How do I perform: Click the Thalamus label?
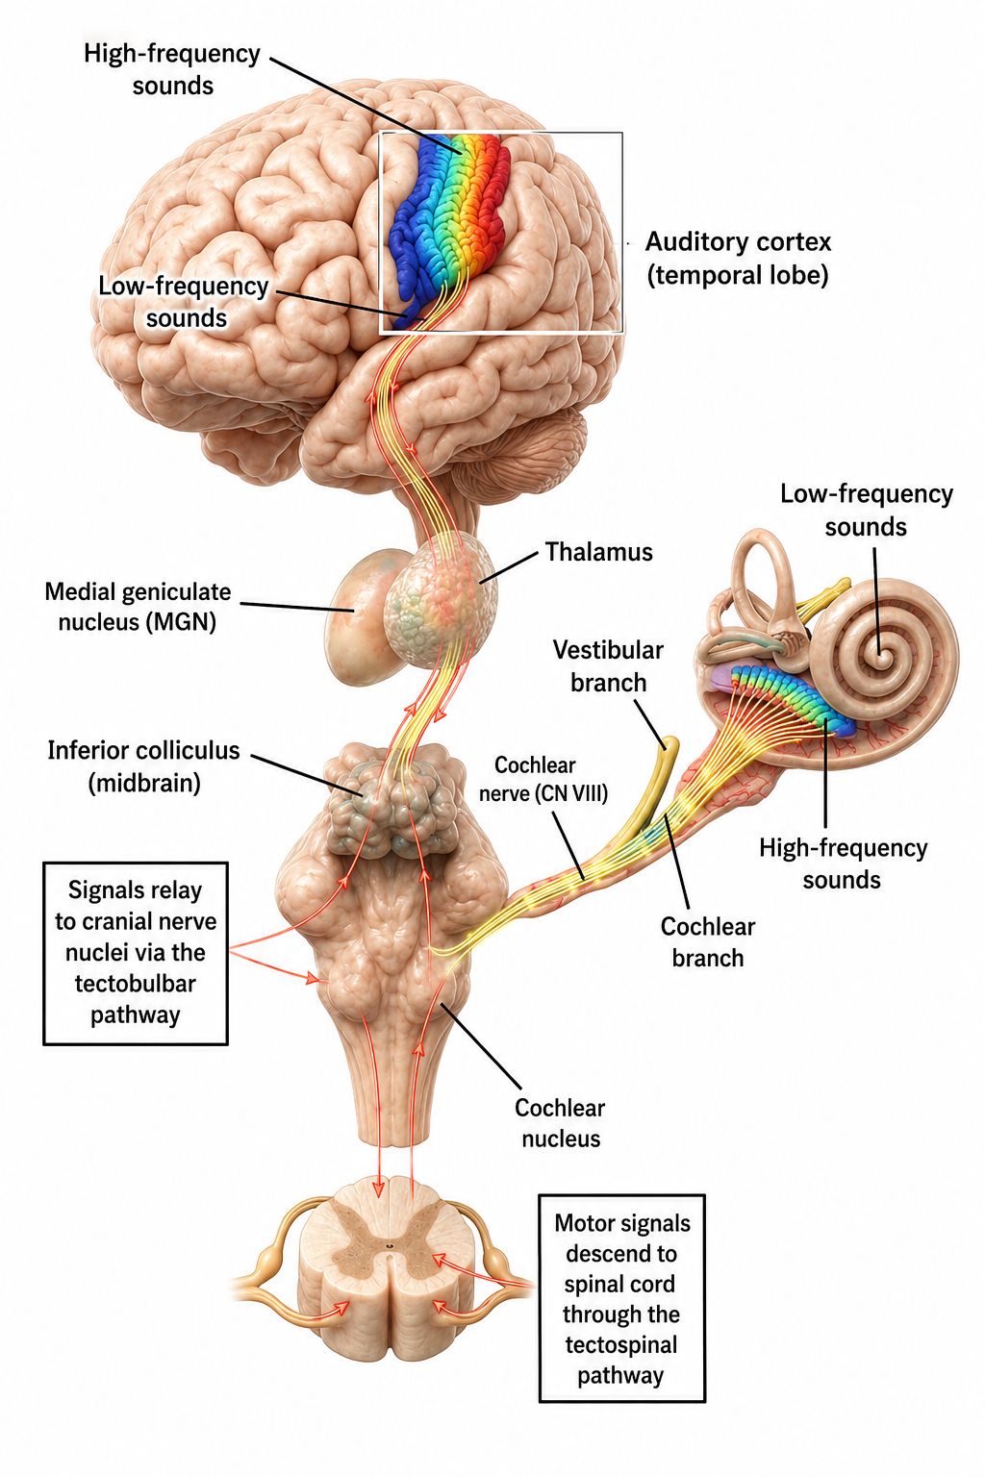[x=598, y=552]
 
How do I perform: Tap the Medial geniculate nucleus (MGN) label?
[x=138, y=607]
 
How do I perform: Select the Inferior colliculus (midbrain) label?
[x=144, y=766]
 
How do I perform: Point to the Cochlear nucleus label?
[x=560, y=1123]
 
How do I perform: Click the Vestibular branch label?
[x=608, y=666]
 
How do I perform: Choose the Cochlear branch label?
[x=707, y=941]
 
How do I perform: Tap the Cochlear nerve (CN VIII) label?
[x=543, y=779]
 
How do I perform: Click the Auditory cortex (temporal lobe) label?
[x=738, y=258]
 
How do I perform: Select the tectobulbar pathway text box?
[x=136, y=953]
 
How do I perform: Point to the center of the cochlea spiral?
[x=881, y=656]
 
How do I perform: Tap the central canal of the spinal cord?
[x=390, y=1245]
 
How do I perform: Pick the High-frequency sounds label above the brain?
[x=172, y=69]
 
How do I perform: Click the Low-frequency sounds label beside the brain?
[x=184, y=302]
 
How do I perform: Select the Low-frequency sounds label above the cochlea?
[x=867, y=510]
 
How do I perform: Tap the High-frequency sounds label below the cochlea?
[x=843, y=864]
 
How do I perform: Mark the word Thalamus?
[x=598, y=552]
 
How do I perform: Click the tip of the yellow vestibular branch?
[x=670, y=741]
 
